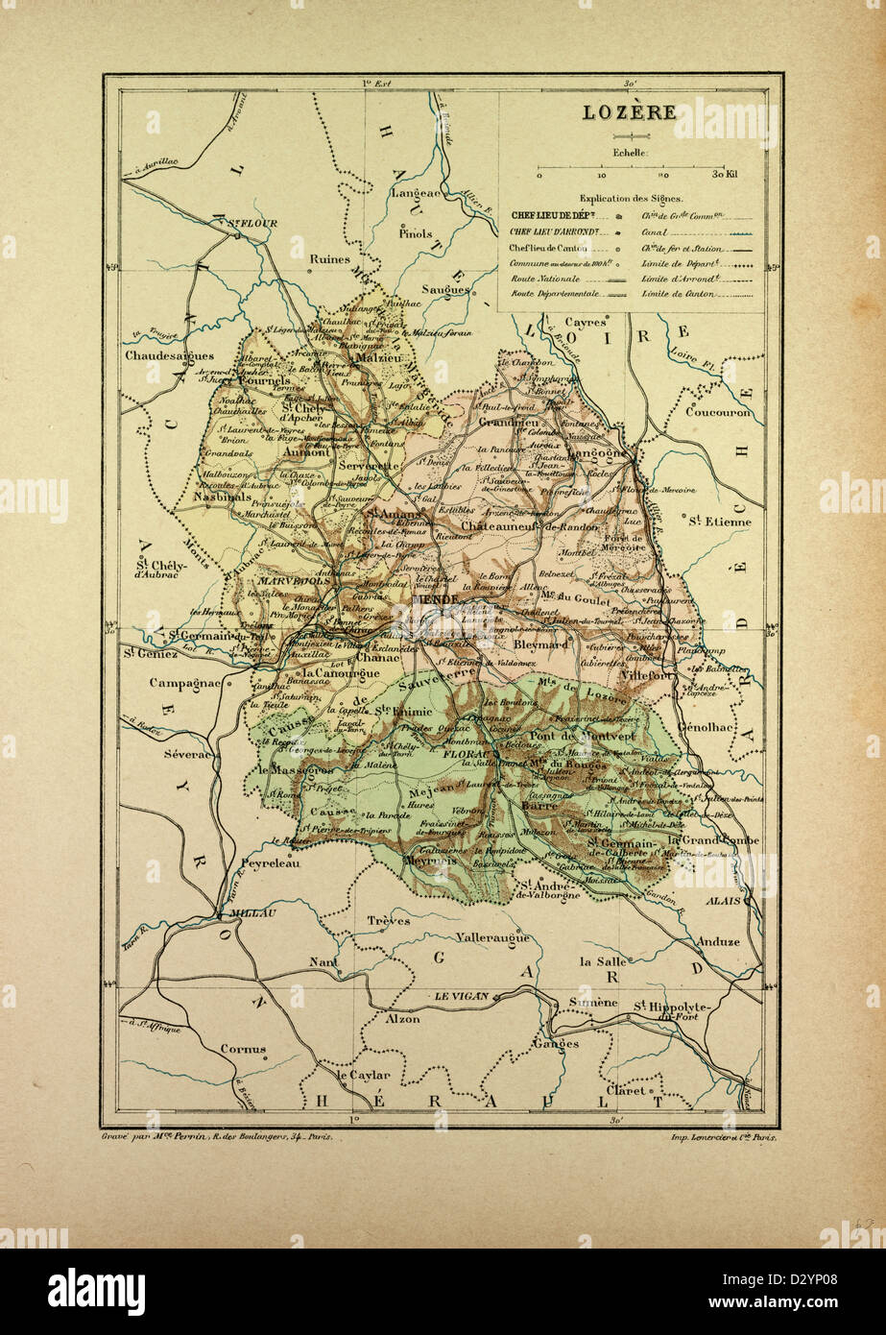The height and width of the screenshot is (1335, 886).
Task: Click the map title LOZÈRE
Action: tap(630, 111)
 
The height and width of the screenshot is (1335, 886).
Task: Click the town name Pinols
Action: tap(417, 233)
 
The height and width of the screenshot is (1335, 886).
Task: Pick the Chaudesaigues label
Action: tap(169, 355)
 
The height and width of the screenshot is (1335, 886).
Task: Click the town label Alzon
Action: tap(402, 1019)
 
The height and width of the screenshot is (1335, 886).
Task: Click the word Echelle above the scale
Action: tap(631, 152)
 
